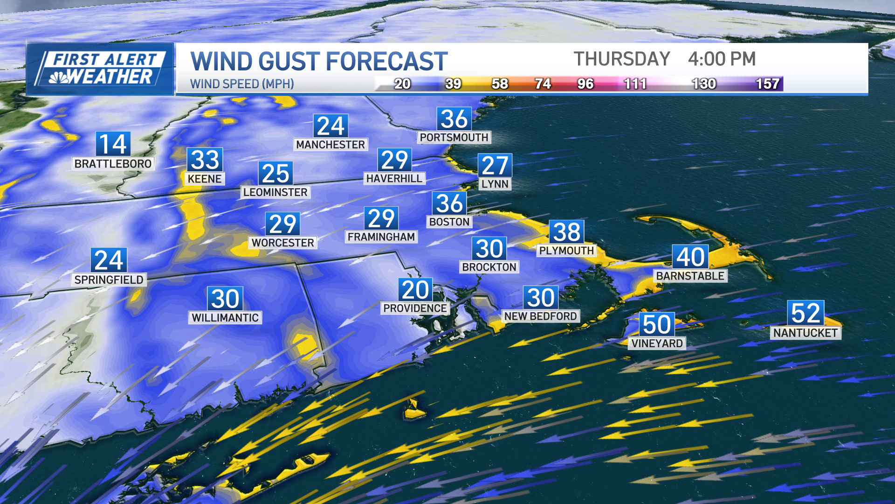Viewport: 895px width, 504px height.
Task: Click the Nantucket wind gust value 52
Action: click(x=805, y=313)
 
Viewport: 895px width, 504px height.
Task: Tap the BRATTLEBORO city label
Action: click(x=113, y=164)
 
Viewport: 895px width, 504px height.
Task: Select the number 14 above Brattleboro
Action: click(x=113, y=144)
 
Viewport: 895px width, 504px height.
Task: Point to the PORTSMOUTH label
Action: click(x=454, y=138)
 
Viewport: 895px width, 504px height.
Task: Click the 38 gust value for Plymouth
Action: click(x=567, y=232)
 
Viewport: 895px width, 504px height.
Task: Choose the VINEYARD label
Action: click(x=657, y=343)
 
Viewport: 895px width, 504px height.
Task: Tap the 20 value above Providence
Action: click(x=415, y=290)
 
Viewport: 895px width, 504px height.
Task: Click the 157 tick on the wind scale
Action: click(x=767, y=84)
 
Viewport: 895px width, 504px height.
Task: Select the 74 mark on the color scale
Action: click(x=543, y=84)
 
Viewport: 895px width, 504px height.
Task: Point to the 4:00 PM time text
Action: click(x=722, y=59)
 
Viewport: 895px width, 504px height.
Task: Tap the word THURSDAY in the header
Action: click(x=622, y=59)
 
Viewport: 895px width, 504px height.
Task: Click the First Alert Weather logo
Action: click(x=100, y=69)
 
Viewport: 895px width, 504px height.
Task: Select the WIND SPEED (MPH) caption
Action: click(x=242, y=84)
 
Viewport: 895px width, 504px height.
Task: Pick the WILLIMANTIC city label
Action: click(x=225, y=318)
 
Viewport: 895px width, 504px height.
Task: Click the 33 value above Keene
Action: click(x=205, y=160)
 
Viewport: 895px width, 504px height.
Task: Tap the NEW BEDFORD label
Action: click(x=540, y=316)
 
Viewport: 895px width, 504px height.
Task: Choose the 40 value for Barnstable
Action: click(x=690, y=257)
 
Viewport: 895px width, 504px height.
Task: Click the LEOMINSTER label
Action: click(x=275, y=192)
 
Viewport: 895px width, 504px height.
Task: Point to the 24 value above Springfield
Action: click(x=109, y=260)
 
